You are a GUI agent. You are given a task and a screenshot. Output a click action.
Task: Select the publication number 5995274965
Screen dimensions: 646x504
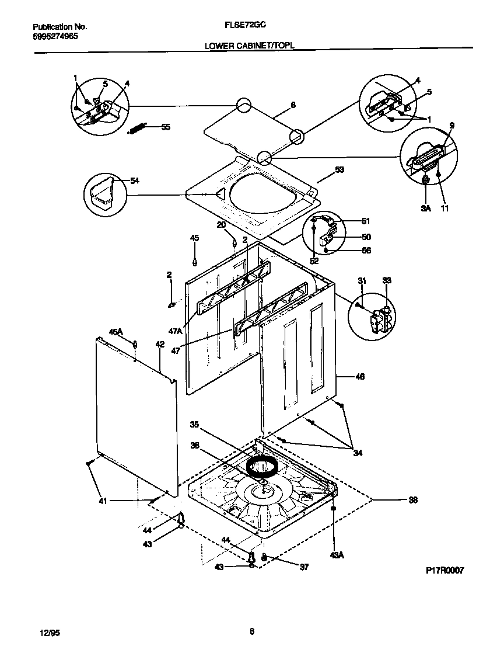coord(55,36)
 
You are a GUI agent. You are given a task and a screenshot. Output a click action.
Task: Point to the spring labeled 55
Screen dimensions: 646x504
coord(138,128)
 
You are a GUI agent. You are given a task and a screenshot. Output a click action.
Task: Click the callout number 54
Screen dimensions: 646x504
coord(135,181)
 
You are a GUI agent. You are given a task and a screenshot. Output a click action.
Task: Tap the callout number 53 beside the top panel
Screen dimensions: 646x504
coord(339,170)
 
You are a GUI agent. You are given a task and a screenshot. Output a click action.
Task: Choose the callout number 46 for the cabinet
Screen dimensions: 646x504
coord(359,377)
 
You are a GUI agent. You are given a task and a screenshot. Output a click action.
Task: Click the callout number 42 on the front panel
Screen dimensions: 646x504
coord(160,345)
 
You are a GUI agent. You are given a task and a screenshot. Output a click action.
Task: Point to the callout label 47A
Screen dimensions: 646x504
coord(176,331)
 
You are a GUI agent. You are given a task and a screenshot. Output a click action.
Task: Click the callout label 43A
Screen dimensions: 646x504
coord(337,555)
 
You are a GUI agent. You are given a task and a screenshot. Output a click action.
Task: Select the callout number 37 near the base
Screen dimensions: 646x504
coord(303,567)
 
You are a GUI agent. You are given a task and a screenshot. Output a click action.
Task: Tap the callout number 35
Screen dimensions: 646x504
coord(195,425)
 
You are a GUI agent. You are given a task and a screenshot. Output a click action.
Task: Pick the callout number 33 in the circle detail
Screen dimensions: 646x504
coord(387,282)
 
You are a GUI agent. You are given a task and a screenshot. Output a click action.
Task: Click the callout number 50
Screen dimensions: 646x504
coord(366,237)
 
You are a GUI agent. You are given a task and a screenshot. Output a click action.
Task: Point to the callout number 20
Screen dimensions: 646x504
coord(222,225)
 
